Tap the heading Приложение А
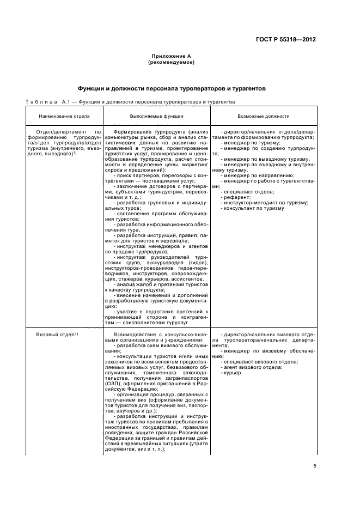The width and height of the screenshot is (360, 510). click(x=172, y=57)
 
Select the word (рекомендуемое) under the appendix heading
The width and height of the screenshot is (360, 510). click(x=172, y=63)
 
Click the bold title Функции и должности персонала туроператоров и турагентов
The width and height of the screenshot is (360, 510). click(x=172, y=88)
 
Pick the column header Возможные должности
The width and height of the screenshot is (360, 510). click(x=264, y=116)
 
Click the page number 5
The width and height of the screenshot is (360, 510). click(x=315, y=466)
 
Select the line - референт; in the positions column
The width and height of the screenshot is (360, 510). click(x=236, y=197)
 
